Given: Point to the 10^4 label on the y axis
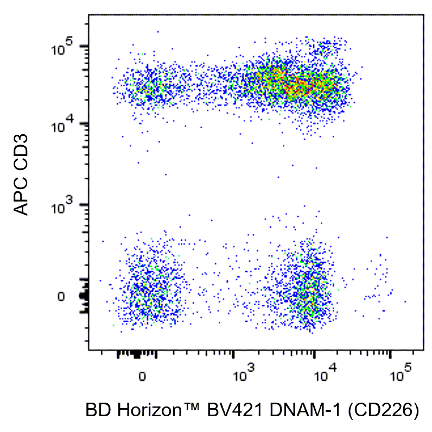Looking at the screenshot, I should pos(63,127).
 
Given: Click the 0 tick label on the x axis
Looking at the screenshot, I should pos(141,377).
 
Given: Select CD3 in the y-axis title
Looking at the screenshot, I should pos(22,148).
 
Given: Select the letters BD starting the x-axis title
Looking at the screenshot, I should pos(97,411).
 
